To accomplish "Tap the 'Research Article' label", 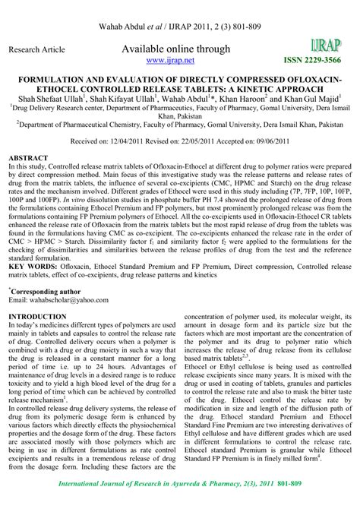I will tap(35, 49).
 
